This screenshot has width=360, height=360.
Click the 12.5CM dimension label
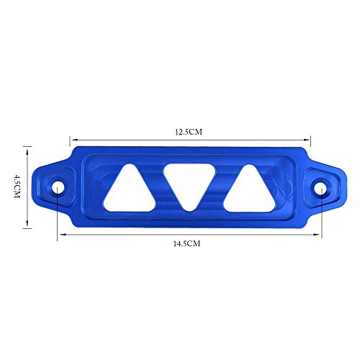[189, 132]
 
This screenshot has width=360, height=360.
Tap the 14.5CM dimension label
[186, 243]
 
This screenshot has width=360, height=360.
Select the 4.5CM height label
[17, 186]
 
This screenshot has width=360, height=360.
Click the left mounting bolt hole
[58, 187]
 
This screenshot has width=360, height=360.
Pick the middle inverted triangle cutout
[189, 183]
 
